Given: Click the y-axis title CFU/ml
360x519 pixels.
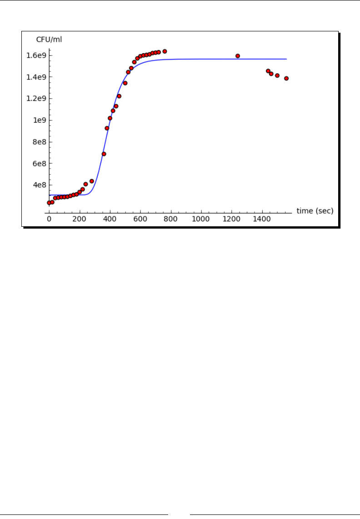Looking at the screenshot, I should click(x=49, y=40).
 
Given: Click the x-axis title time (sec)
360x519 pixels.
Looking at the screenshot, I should click(x=315, y=211).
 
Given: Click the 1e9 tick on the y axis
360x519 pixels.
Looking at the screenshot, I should click(x=42, y=120).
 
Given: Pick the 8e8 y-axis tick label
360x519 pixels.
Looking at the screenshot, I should click(x=42, y=142).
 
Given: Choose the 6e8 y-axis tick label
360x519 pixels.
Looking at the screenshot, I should click(x=42, y=163).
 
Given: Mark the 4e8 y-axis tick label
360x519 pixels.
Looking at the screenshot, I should click(x=42, y=185).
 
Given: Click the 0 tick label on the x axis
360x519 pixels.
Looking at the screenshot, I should click(x=49, y=219).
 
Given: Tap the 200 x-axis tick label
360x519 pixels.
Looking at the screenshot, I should click(x=80, y=219).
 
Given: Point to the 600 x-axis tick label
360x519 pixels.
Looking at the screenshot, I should click(x=140, y=219).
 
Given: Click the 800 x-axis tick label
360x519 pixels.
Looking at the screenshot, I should click(x=170, y=219).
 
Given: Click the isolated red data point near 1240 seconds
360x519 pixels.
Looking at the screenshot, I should click(x=238, y=56).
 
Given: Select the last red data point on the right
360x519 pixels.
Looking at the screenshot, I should click(x=286, y=78).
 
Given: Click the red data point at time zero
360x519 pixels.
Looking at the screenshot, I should click(x=49, y=203).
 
